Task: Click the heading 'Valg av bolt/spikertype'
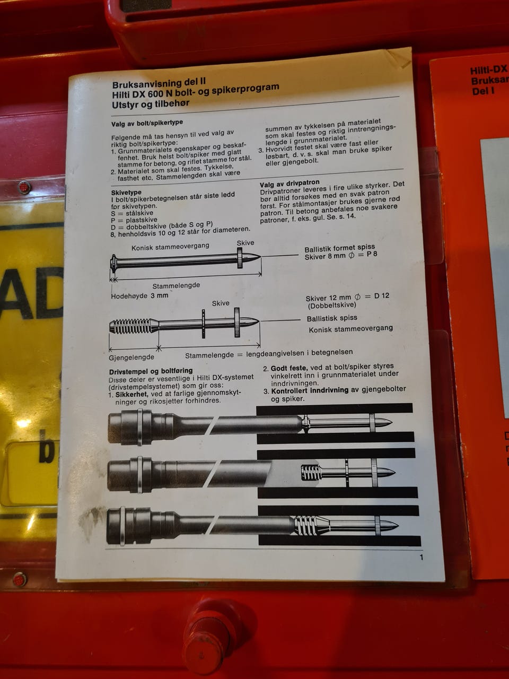click(x=147, y=123)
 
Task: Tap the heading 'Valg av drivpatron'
click(x=289, y=183)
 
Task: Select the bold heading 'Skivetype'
click(x=126, y=193)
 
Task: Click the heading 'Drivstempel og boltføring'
click(x=151, y=371)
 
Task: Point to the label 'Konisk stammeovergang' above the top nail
click(x=170, y=247)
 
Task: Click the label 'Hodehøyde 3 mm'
click(x=139, y=295)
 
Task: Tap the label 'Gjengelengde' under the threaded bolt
click(x=131, y=358)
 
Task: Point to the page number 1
click(x=422, y=558)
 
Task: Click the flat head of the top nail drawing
click(x=113, y=264)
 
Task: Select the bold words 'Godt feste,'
click(x=289, y=368)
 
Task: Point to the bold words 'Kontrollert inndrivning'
click(x=310, y=390)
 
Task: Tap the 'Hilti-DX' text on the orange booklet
click(x=489, y=70)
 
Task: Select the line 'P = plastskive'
click(x=134, y=220)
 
